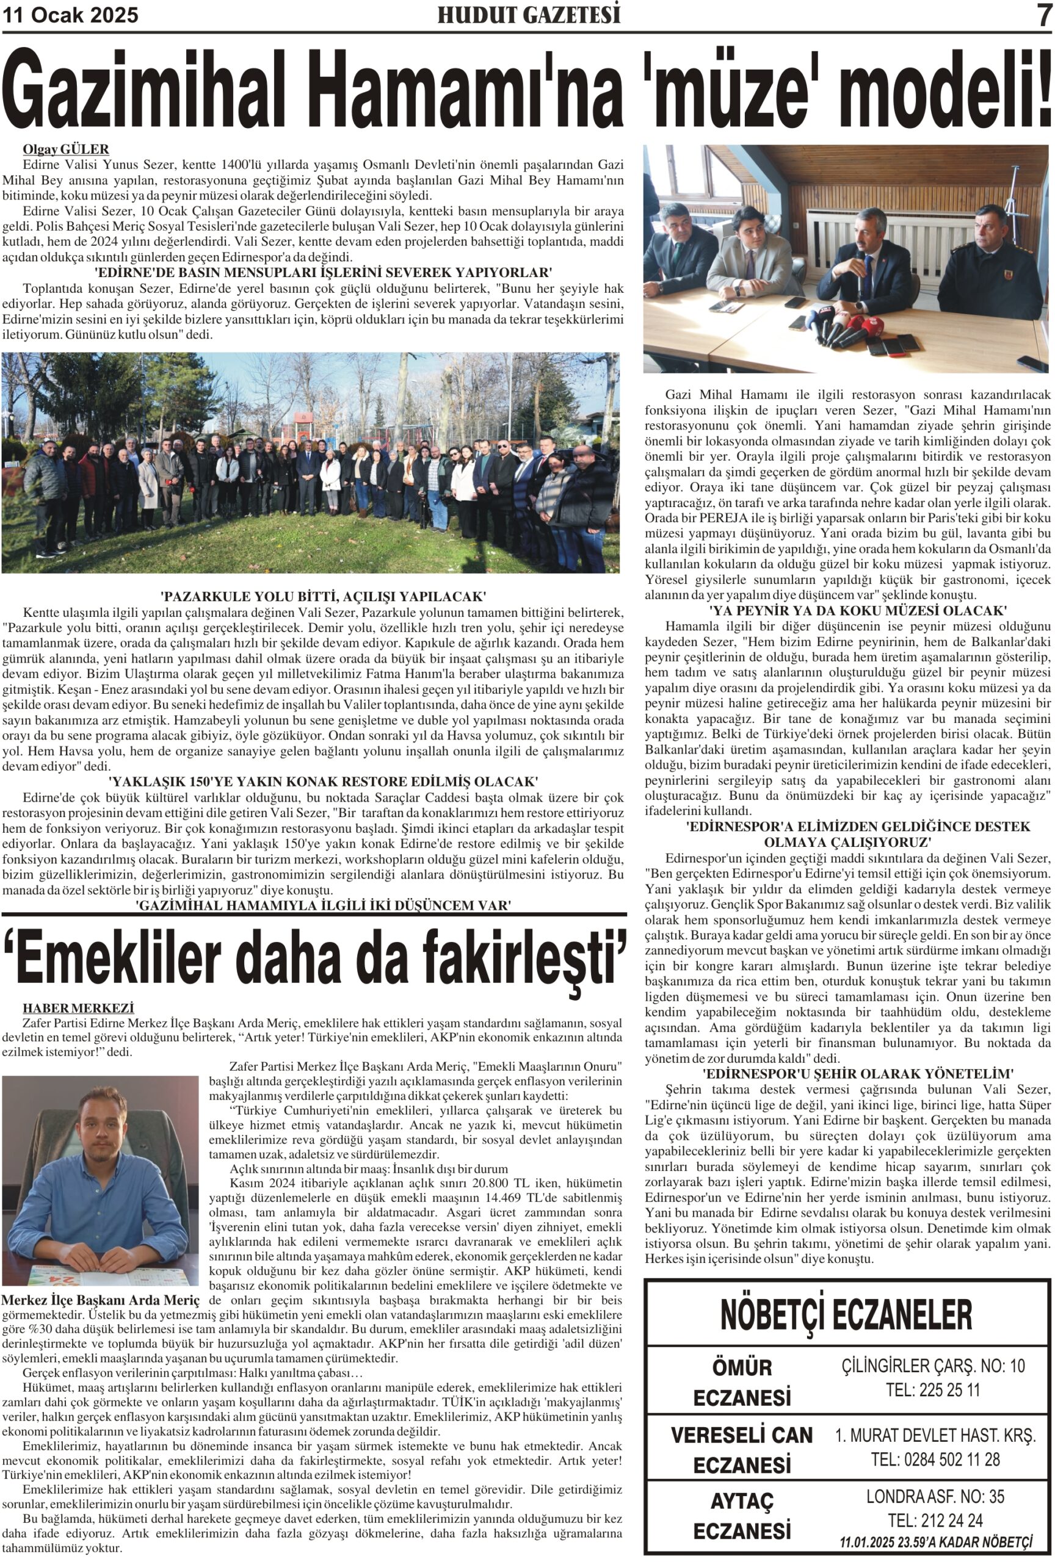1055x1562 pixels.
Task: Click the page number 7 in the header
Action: [1043, 15]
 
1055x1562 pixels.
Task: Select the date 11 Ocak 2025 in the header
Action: [71, 15]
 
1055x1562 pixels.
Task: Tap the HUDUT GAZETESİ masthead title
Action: [529, 15]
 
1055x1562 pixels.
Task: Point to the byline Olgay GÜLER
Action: [66, 149]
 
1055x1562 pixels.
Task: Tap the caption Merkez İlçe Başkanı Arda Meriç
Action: [101, 1300]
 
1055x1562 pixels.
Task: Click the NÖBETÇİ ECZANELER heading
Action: [846, 1315]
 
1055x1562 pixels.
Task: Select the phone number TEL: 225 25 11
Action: [934, 1390]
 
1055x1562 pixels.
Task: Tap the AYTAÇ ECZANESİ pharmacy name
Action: [742, 1515]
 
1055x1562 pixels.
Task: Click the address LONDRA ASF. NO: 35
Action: [935, 1496]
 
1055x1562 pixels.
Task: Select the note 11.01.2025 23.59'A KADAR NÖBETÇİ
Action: [935, 1542]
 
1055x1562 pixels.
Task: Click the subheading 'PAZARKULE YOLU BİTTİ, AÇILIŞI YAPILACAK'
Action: [324, 597]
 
